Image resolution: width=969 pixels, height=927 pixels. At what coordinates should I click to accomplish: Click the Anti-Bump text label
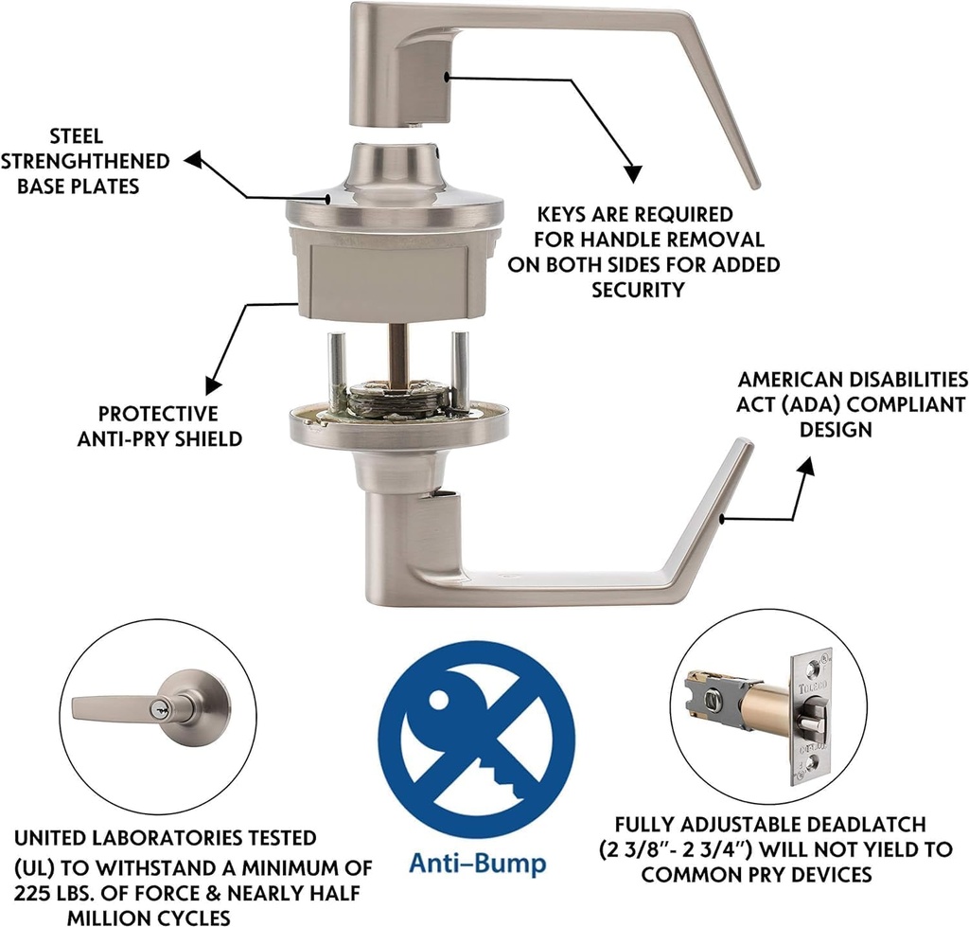[x=477, y=864]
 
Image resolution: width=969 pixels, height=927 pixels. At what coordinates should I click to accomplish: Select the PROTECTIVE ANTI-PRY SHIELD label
[x=159, y=426]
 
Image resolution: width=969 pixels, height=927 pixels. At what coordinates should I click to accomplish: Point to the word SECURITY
[x=638, y=290]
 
